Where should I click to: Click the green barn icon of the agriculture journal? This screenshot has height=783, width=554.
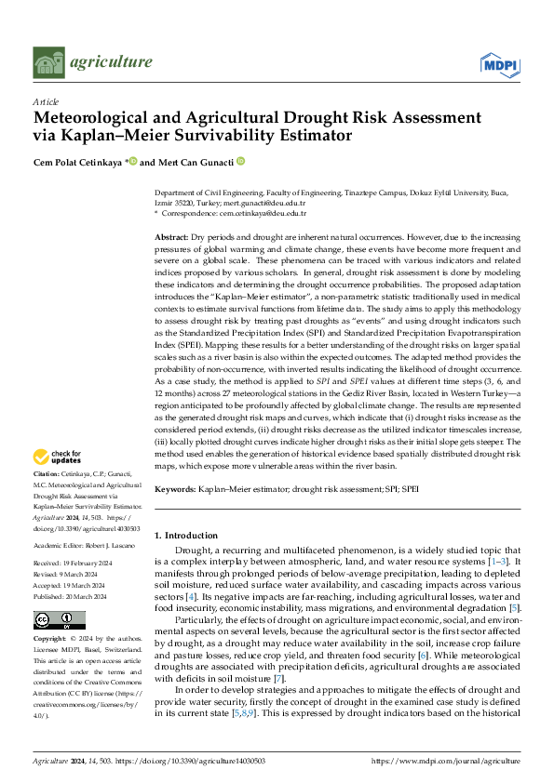click(x=48, y=62)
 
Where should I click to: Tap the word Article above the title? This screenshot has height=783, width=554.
click(x=46, y=101)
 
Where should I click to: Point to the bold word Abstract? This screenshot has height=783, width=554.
click(x=172, y=239)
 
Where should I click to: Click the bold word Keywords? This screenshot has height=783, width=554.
click(x=176, y=488)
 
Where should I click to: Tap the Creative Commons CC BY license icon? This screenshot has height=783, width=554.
click(x=59, y=619)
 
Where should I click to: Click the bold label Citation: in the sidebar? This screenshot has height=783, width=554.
click(x=47, y=474)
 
